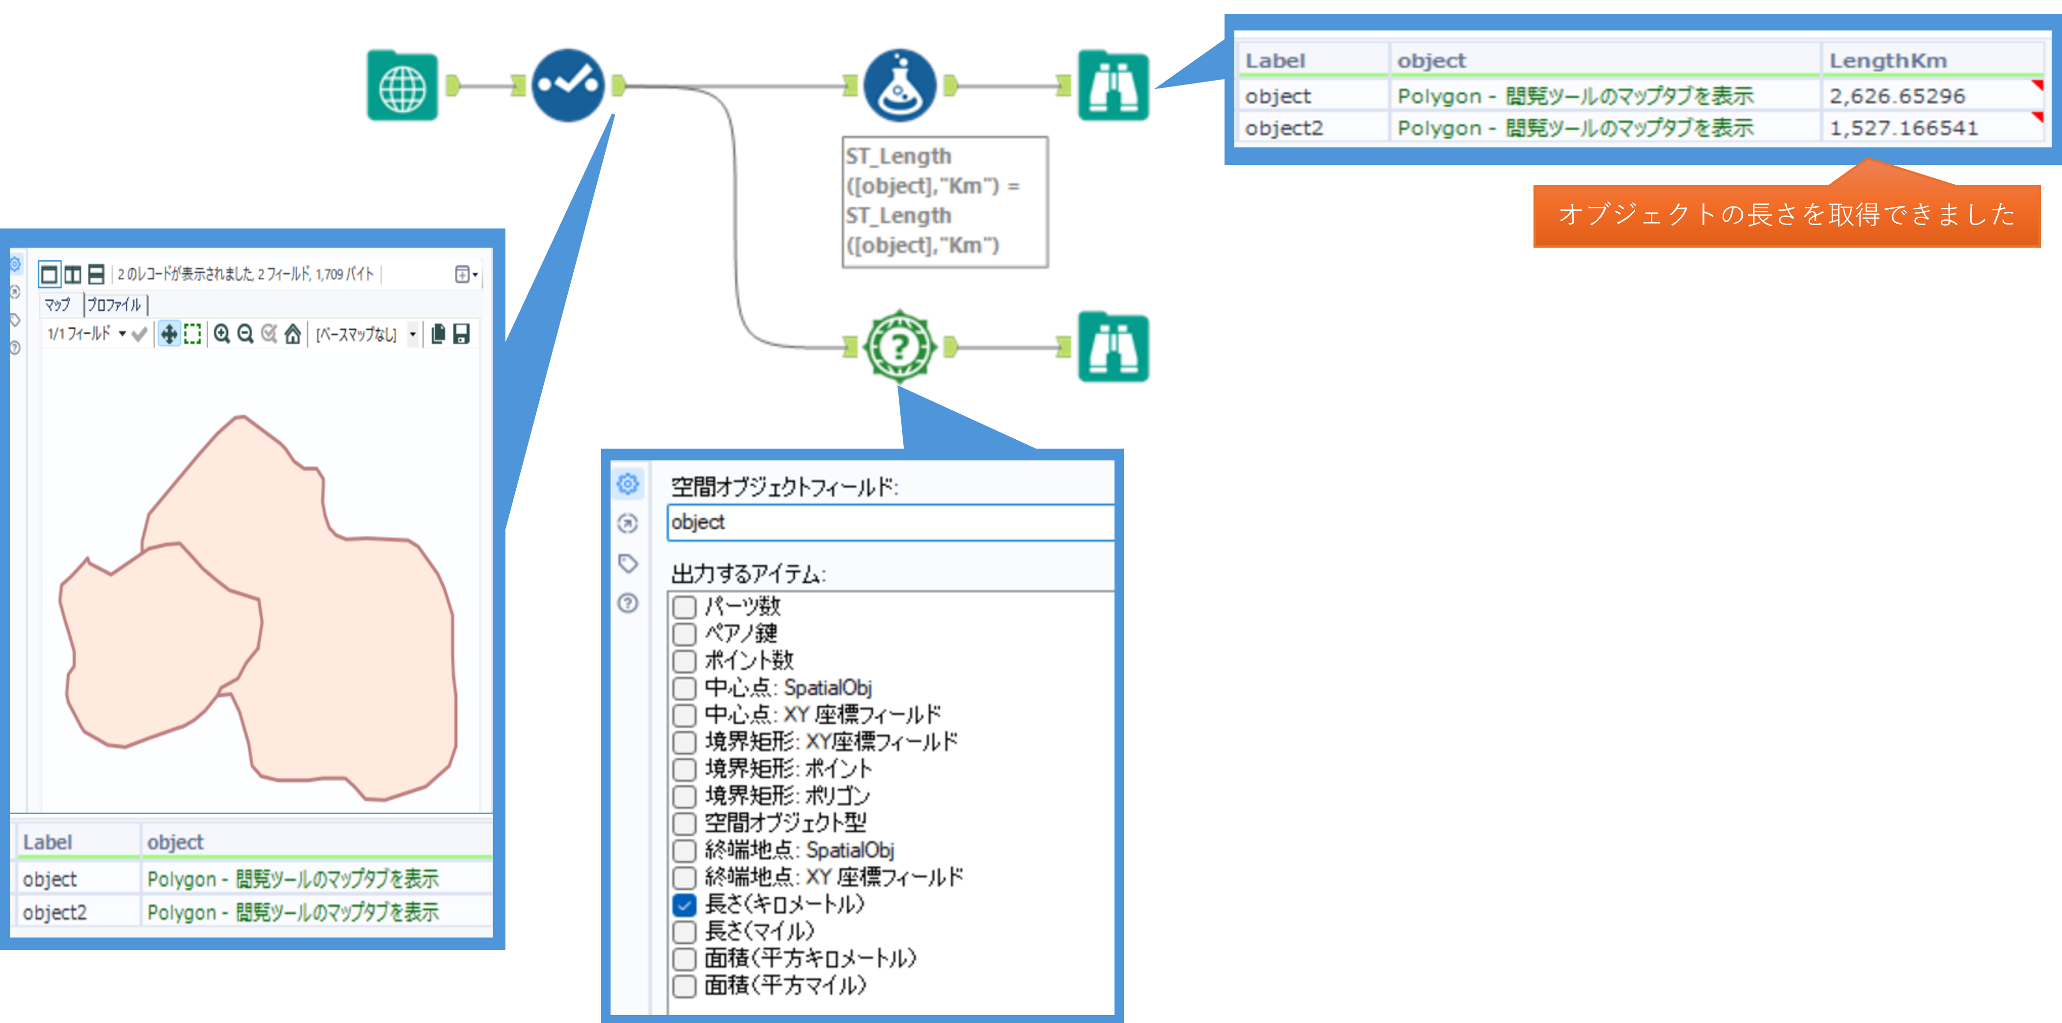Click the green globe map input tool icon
402,85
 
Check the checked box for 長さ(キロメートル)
684,905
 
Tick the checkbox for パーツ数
684,606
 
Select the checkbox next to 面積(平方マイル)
684,985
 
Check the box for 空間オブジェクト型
684,823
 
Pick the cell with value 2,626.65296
1897,96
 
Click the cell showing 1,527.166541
1903,128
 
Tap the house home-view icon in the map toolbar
293,334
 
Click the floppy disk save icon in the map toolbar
461,334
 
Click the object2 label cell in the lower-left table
55,912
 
